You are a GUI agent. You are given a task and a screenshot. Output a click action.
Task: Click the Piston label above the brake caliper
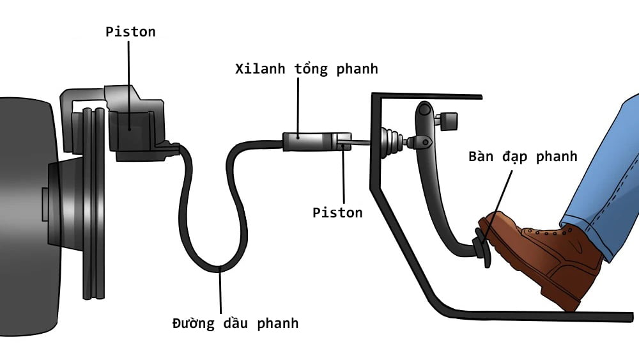pyautogui.click(x=130, y=32)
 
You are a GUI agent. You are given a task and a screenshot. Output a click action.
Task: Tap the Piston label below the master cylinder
pyautogui.click(x=337, y=213)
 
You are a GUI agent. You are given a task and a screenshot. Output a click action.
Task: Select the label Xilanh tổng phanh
pyautogui.click(x=306, y=68)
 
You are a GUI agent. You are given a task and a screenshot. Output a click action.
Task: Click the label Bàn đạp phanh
pyautogui.click(x=522, y=157)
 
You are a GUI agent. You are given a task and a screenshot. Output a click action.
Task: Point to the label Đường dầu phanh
pyautogui.click(x=235, y=323)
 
